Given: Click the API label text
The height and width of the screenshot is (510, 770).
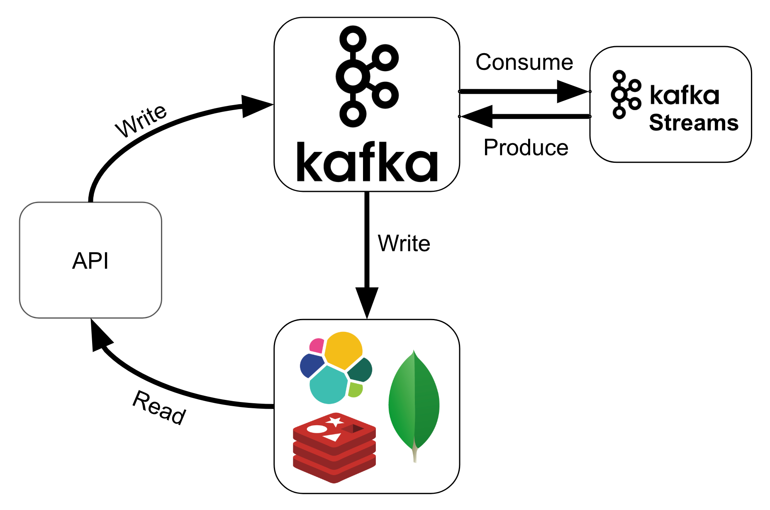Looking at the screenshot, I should click(90, 261).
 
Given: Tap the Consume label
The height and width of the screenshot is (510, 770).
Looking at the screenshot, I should click(524, 62).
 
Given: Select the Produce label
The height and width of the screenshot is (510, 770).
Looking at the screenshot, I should click(526, 147).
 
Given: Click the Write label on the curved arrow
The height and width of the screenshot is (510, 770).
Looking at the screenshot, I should click(141, 120).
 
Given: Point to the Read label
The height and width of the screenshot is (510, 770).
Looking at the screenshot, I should click(159, 408).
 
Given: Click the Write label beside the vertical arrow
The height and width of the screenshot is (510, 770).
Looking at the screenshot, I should click(404, 243).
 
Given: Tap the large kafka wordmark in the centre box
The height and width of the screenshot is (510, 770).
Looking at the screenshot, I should click(367, 162).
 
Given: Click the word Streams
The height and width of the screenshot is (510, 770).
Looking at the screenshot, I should click(693, 123).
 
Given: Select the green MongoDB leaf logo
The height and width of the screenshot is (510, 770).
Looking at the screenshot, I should click(414, 405).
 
